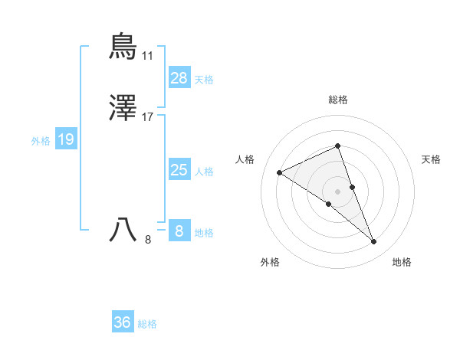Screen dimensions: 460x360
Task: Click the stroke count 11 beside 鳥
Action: [x=147, y=56]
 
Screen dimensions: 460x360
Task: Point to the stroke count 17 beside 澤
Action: [x=148, y=118]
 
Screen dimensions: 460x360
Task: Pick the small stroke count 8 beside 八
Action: [x=148, y=241]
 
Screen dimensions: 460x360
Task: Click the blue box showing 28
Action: [x=179, y=77]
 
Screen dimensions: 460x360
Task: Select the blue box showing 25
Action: [x=179, y=170]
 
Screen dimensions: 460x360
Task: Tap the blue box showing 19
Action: [x=66, y=139]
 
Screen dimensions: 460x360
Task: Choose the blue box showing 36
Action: [x=123, y=322]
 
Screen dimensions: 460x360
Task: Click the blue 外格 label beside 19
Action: [x=40, y=141]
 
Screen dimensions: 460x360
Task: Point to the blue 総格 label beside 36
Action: [x=147, y=324]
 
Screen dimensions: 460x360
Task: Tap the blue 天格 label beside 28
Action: [x=204, y=79]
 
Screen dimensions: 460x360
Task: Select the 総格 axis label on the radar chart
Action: [x=337, y=100]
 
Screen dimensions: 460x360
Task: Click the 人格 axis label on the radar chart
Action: [x=245, y=159]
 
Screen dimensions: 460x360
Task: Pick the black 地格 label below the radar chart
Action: [x=402, y=262]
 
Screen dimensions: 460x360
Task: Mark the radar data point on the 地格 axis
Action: [x=374, y=242]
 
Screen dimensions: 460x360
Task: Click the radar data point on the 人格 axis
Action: [x=280, y=172]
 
